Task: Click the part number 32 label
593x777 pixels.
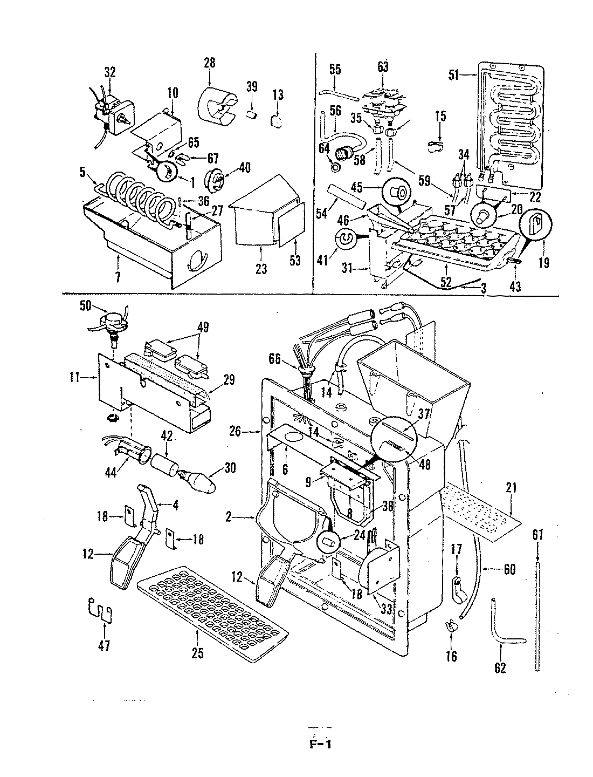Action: (x=110, y=72)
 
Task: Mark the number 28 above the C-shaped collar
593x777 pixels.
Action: (x=209, y=63)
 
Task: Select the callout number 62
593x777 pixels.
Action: (x=500, y=668)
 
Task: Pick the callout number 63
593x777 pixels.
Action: (x=383, y=67)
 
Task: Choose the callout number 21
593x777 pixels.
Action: (x=511, y=488)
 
